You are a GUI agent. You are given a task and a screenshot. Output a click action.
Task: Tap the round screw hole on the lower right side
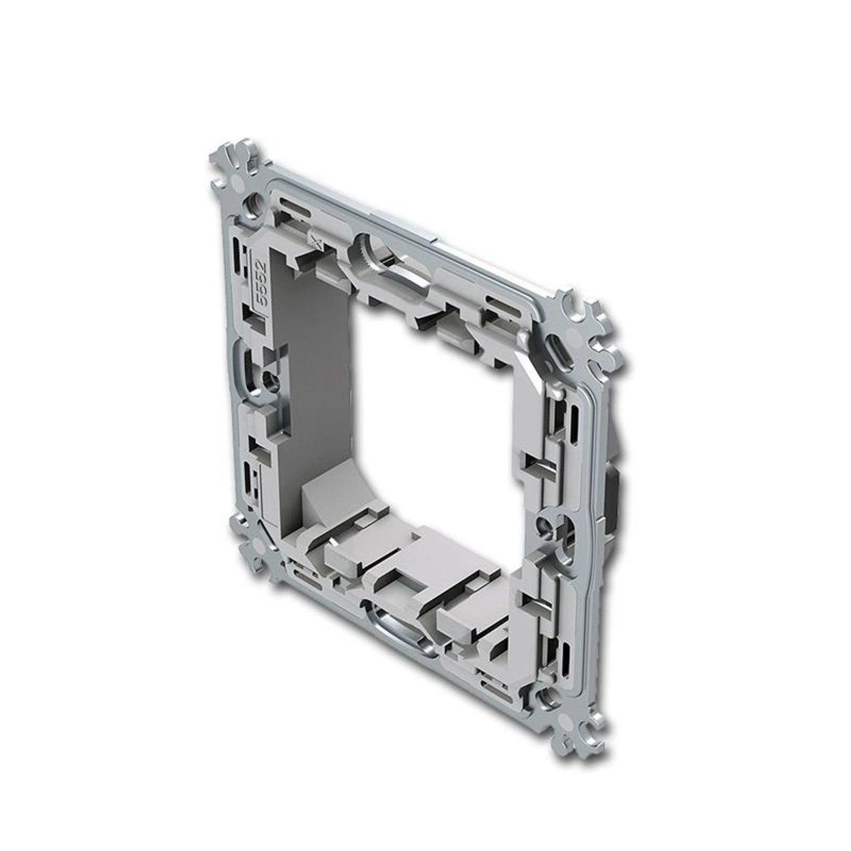545,528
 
